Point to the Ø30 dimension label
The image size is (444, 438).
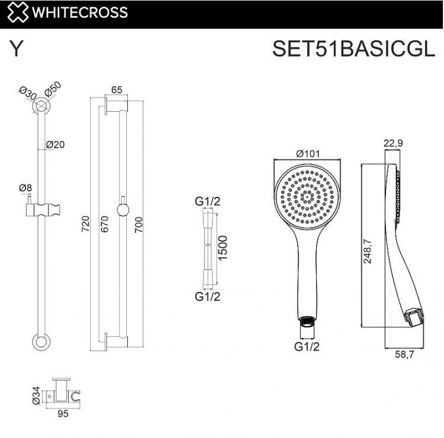(27, 93)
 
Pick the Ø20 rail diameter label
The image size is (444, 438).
(55, 144)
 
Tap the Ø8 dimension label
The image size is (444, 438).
(25, 188)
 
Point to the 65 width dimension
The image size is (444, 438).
(117, 90)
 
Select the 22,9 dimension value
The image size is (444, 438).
(394, 142)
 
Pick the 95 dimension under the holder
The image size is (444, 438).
(63, 414)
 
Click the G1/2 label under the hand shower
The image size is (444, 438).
(307, 347)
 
